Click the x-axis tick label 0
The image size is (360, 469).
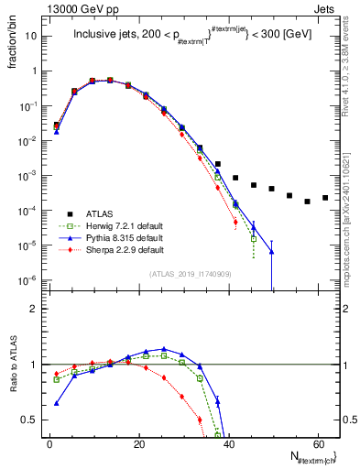pyautogui.click(x=49, y=442)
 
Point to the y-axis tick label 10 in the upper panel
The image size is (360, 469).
pyautogui.click(x=32, y=36)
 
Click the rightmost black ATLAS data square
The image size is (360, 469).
pyautogui.click(x=325, y=197)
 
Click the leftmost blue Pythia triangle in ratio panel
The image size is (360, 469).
pyautogui.click(x=57, y=403)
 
